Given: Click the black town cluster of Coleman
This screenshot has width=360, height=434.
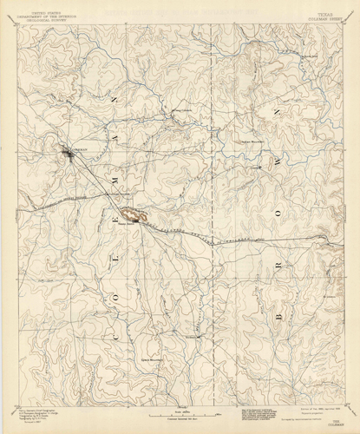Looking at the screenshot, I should pos(69,155).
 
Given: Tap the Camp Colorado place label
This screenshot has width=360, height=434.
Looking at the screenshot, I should pos(181,110).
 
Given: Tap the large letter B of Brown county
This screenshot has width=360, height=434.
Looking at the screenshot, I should pos(278,318).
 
